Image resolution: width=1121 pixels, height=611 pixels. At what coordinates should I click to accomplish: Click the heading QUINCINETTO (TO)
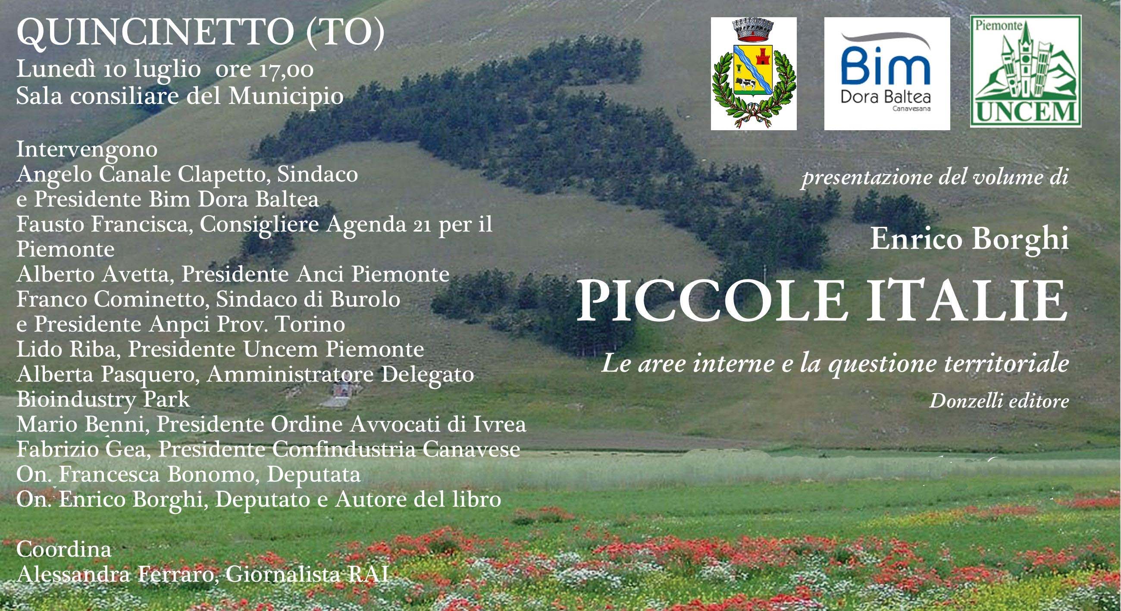(x=200, y=33)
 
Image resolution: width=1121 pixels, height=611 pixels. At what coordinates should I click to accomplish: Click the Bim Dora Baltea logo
(x=887, y=74)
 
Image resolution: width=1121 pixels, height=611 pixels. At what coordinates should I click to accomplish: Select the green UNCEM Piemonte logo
(x=1026, y=71)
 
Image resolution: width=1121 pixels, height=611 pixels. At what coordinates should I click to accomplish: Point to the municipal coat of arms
(x=754, y=74)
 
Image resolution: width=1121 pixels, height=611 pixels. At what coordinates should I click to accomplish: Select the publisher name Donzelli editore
(x=999, y=401)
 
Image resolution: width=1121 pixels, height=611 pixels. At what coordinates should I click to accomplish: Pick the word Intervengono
(x=87, y=149)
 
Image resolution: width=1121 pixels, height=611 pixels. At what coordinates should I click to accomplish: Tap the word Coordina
(x=63, y=549)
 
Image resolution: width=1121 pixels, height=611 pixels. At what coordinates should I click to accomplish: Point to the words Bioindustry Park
(x=103, y=399)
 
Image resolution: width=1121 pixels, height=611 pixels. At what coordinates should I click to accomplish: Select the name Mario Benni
(x=80, y=424)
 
